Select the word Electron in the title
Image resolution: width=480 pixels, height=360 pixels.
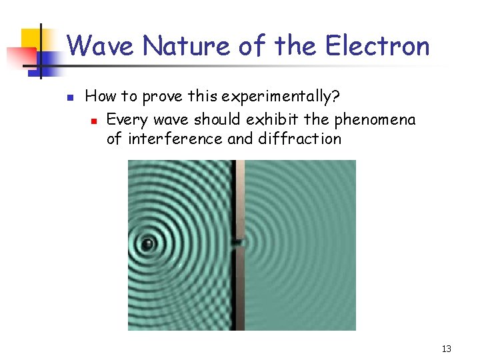click(377, 46)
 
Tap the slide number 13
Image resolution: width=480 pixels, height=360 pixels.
click(446, 349)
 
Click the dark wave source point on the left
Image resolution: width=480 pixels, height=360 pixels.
click(147, 244)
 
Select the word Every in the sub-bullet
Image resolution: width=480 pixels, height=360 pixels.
click(124, 120)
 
